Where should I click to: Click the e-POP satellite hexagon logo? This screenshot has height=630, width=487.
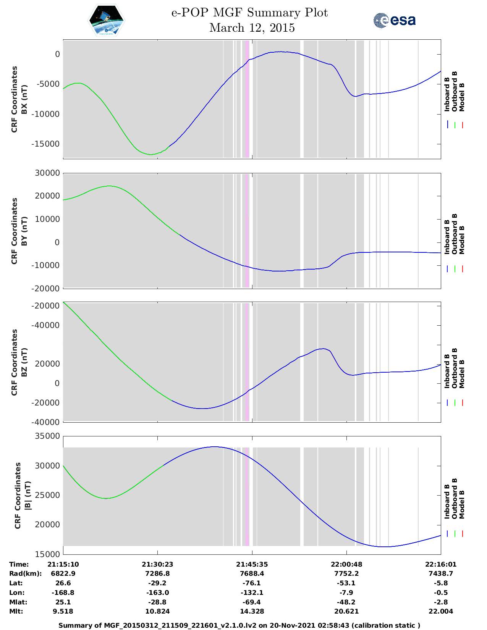click(106, 20)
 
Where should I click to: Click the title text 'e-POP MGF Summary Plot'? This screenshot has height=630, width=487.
click(249, 13)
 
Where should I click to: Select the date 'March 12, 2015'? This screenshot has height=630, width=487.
click(252, 28)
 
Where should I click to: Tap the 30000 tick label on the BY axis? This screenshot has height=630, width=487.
click(47, 173)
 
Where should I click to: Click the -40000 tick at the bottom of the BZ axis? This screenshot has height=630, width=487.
click(45, 422)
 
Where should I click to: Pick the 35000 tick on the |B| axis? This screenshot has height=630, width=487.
click(47, 436)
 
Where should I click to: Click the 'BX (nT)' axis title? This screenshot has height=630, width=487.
click(24, 99)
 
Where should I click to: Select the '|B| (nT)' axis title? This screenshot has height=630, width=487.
click(28, 496)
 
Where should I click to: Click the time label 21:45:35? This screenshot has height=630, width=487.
click(252, 564)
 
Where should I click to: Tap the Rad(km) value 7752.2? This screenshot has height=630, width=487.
click(346, 573)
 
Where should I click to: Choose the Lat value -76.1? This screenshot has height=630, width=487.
click(252, 583)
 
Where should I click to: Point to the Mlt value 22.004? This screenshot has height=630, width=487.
click(440, 611)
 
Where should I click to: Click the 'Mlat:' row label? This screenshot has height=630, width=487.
click(18, 602)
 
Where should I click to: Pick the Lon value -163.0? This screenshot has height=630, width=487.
click(157, 593)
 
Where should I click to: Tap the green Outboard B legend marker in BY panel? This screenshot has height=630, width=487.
click(455, 269)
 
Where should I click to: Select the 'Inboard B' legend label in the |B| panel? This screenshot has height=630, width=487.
click(447, 502)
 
